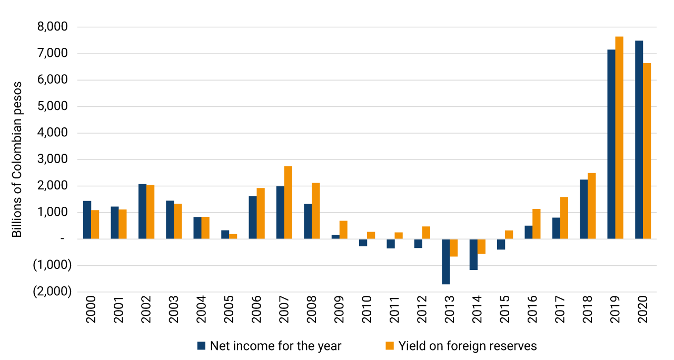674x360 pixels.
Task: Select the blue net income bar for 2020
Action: click(639, 140)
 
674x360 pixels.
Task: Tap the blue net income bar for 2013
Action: click(446, 262)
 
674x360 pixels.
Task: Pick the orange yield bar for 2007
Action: click(288, 203)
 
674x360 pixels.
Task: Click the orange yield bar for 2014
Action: click(481, 246)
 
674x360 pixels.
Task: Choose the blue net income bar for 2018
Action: click(583, 209)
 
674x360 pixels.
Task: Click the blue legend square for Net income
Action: click(201, 346)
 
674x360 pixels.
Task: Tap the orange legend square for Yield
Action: click(390, 346)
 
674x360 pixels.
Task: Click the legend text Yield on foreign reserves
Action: click(468, 346)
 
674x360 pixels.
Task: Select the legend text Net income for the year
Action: click(275, 346)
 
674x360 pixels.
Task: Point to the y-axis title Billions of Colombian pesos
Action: click(18, 159)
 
